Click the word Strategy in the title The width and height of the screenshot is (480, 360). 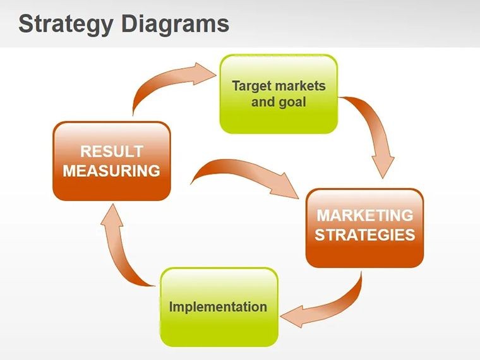point(66,25)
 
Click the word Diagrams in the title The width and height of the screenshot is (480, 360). point(176,24)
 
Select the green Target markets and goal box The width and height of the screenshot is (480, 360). point(279,94)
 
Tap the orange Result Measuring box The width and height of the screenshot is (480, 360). point(112,161)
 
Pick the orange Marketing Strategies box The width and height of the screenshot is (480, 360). point(364,228)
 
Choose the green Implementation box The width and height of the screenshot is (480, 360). point(219,307)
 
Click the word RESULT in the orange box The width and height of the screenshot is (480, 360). point(112,151)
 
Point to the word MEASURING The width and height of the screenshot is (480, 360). point(111,171)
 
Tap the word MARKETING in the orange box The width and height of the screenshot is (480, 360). point(365,215)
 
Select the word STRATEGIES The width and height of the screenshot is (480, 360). point(365,235)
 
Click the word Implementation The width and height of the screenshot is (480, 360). point(218,307)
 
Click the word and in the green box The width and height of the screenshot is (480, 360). point(263,102)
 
